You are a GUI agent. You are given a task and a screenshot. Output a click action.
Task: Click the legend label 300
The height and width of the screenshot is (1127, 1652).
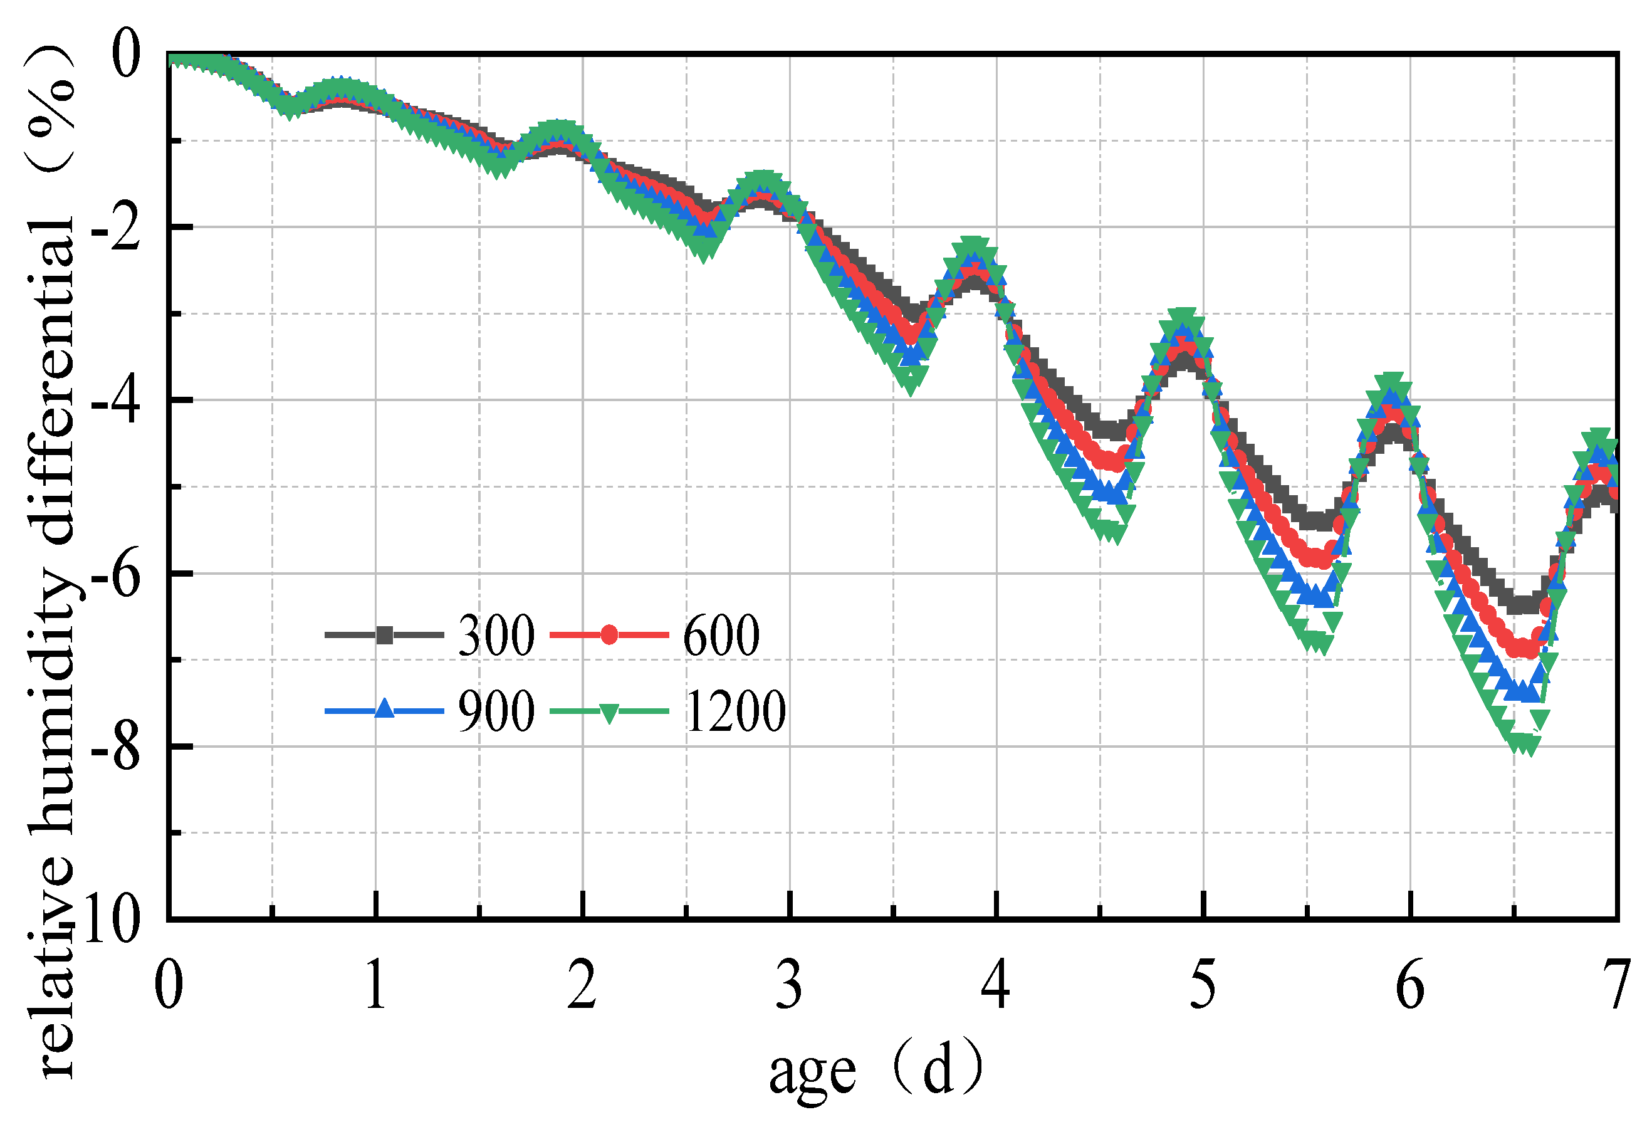[x=496, y=635]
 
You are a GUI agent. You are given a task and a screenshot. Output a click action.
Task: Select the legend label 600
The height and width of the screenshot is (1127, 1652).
[x=721, y=635]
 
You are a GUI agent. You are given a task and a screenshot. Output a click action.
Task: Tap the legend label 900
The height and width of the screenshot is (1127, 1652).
[x=496, y=711]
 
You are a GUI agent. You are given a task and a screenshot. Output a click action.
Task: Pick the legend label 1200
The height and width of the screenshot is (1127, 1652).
[x=735, y=711]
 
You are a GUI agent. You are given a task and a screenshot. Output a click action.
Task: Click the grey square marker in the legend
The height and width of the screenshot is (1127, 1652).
[x=385, y=635]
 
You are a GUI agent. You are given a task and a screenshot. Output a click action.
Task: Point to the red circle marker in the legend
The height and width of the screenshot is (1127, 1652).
[x=609, y=635]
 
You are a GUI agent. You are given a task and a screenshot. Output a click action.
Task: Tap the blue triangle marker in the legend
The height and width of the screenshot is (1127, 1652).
[x=385, y=710]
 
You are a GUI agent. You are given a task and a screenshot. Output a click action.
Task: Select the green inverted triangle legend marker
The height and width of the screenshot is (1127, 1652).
[x=609, y=713]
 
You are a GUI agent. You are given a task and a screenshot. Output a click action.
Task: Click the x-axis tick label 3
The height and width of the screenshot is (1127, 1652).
[x=789, y=985]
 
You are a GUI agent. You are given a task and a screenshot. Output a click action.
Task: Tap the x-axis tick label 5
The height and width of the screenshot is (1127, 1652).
[x=1203, y=985]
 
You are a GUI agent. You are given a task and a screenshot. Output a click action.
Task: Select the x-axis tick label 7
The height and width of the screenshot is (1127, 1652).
[x=1618, y=985]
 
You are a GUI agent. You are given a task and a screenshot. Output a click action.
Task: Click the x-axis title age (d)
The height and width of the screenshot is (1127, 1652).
[x=876, y=1071]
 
